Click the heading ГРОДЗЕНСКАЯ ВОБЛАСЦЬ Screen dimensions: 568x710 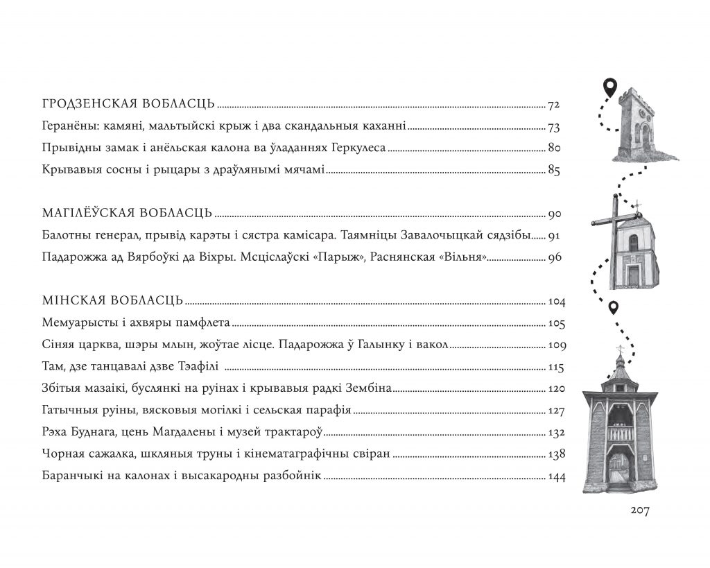[x=128, y=105]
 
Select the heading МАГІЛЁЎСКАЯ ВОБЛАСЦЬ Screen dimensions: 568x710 [x=127, y=214]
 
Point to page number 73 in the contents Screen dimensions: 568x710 [x=553, y=128]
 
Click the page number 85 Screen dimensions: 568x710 [x=553, y=171]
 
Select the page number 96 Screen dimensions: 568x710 [x=553, y=257]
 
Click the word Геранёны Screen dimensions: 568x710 [x=66, y=128]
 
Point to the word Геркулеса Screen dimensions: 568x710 [x=357, y=149]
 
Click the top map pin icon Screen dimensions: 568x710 [x=609, y=88]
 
